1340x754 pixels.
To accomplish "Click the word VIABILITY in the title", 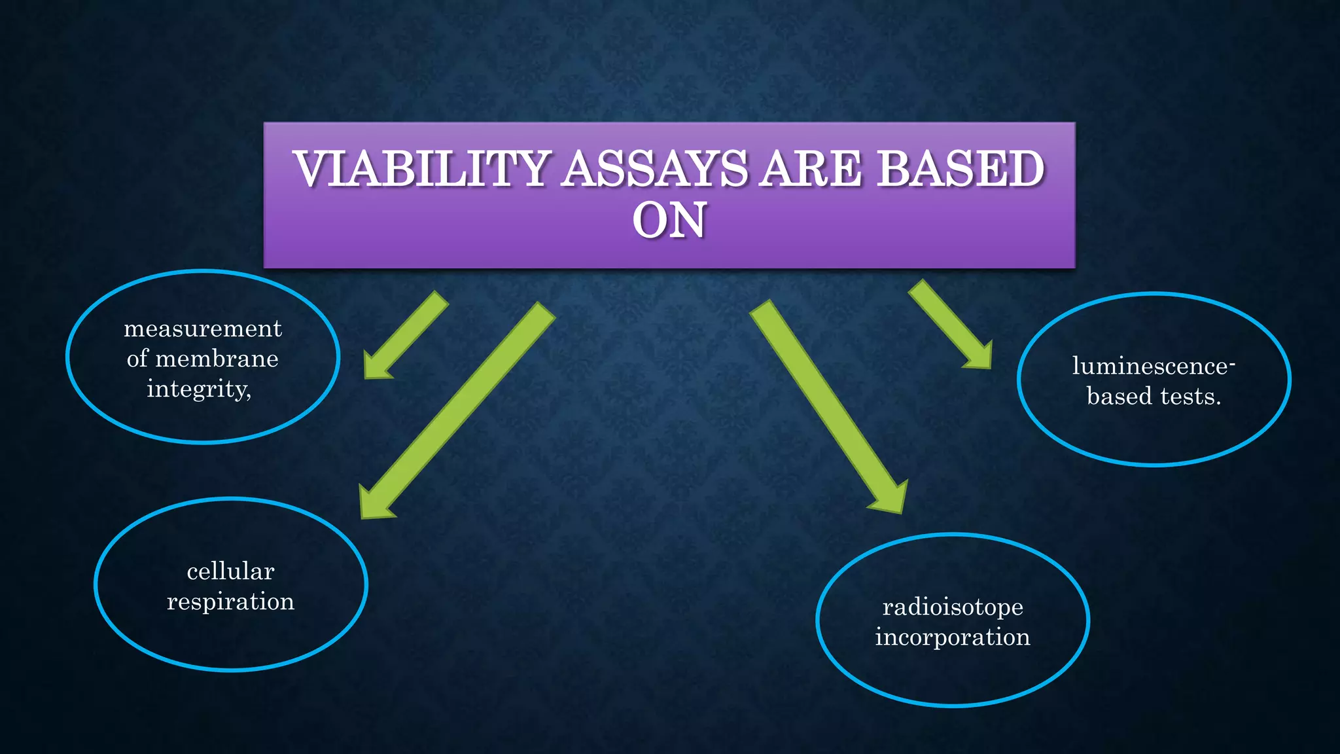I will [422, 169].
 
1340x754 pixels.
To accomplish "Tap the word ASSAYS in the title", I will [655, 169].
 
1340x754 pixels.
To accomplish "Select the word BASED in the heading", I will [960, 169].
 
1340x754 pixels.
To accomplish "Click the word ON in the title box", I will [669, 220].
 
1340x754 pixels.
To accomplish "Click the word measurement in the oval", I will [203, 329].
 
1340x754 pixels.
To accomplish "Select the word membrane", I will [217, 359].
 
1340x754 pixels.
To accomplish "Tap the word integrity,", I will [199, 389].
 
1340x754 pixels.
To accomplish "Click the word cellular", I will [230, 571].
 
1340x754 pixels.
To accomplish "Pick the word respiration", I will [230, 601].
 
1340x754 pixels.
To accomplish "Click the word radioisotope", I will [953, 607].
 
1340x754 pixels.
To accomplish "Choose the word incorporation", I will [953, 637].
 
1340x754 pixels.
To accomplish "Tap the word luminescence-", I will [1153, 366].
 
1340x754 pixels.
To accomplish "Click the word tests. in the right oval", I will [1191, 396].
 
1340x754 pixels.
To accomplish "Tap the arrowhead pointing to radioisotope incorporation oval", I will [891, 499].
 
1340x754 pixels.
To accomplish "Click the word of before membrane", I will [137, 359].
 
